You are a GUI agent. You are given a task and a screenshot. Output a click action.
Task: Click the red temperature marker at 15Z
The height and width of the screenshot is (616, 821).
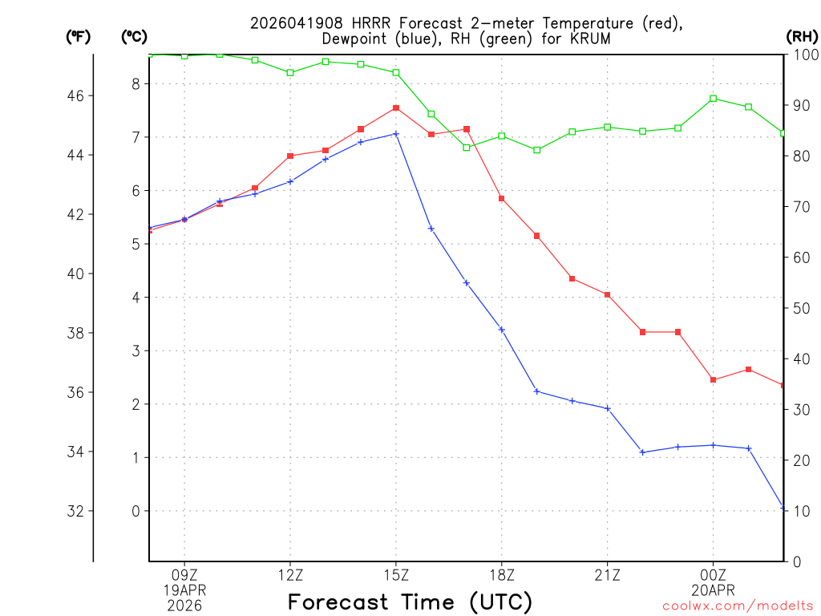pyautogui.click(x=396, y=107)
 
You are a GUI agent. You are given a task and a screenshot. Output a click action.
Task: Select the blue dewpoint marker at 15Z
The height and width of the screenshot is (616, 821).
pyautogui.click(x=396, y=134)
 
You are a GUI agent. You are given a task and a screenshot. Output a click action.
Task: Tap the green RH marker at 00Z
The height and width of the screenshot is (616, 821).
pyautogui.click(x=713, y=99)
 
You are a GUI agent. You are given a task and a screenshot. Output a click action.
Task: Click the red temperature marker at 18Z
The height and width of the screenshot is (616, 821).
pyautogui.click(x=502, y=198)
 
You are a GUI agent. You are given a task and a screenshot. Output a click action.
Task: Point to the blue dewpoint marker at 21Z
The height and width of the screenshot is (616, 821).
pyautogui.click(x=608, y=408)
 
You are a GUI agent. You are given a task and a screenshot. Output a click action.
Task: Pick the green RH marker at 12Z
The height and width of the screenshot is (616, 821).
pyautogui.click(x=290, y=73)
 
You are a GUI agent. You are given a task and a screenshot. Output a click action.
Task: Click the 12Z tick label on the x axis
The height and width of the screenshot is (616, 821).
pyautogui.click(x=290, y=574)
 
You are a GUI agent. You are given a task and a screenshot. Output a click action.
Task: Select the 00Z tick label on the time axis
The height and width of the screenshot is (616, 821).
pyautogui.click(x=713, y=574)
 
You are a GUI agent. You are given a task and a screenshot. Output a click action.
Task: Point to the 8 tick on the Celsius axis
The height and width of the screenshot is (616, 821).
pyautogui.click(x=135, y=83)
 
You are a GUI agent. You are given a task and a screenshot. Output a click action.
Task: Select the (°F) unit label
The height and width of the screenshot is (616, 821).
pyautogui.click(x=78, y=36)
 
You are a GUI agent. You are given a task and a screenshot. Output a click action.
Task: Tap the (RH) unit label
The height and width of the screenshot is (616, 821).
pyautogui.click(x=801, y=36)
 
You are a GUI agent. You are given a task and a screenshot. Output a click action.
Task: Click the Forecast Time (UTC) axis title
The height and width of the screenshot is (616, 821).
pyautogui.click(x=410, y=602)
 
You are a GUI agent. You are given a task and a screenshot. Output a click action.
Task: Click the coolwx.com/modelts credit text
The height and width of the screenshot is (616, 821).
pyautogui.click(x=737, y=606)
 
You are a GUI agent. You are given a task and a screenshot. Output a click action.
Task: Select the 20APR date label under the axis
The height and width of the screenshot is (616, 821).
pyautogui.click(x=713, y=590)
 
